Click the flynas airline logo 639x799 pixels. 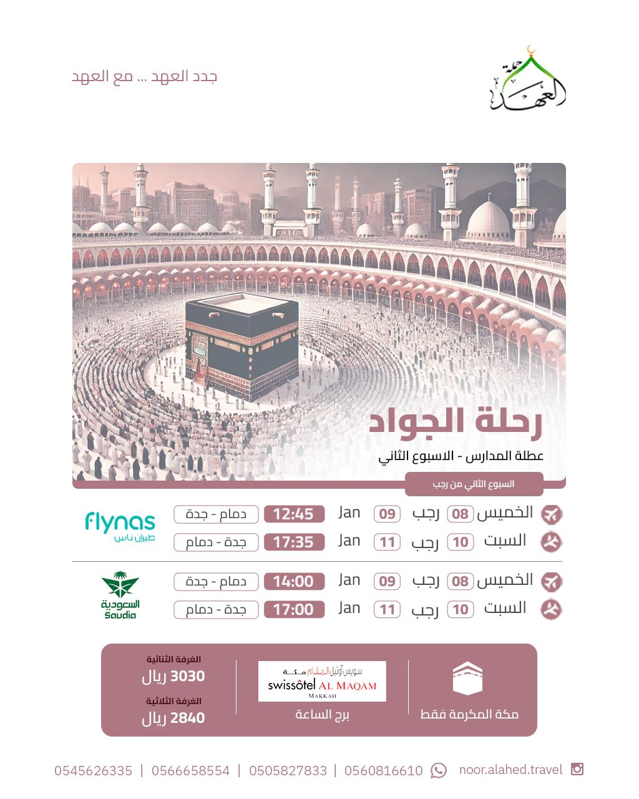click(120, 526)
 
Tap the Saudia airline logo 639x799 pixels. click(120, 595)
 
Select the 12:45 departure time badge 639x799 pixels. click(294, 514)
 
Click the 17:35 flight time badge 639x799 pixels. click(294, 542)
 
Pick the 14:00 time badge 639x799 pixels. click(294, 581)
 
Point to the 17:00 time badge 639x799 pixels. click(294, 609)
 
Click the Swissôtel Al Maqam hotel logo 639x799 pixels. click(322, 681)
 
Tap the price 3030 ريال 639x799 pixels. click(173, 676)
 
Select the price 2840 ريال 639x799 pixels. click(173, 718)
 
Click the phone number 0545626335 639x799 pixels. click(94, 771)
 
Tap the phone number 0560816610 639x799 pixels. click(383, 771)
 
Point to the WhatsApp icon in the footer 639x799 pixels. click(439, 771)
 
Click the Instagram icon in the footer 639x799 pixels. click(577, 769)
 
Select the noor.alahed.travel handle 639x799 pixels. click(510, 770)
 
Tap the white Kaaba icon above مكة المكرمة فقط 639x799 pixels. click(467, 679)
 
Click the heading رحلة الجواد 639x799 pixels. click(455, 423)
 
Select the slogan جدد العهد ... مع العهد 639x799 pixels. click(145, 77)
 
